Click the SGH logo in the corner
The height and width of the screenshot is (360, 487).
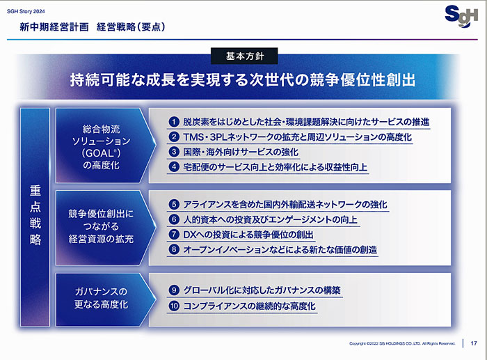click(x=461, y=16)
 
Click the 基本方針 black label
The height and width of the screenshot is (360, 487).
click(x=244, y=56)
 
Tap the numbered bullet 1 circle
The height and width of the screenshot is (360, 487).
click(x=174, y=122)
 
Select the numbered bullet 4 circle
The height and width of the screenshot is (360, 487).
click(x=174, y=167)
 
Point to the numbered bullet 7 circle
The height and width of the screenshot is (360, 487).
click(x=174, y=235)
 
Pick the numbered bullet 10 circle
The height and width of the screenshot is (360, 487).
click(x=174, y=306)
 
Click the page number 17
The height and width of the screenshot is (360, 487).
click(x=473, y=343)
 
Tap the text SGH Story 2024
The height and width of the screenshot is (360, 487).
click(x=26, y=12)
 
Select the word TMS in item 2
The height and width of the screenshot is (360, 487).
click(x=193, y=137)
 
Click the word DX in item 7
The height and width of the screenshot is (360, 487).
click(x=189, y=235)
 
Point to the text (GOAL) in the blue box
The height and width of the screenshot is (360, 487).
click(x=102, y=153)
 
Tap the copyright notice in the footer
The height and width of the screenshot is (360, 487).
click(x=402, y=343)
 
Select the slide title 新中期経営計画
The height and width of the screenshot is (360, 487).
click(x=54, y=27)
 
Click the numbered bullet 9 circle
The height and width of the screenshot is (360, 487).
click(x=174, y=290)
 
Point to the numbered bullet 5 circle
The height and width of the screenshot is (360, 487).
click(x=174, y=204)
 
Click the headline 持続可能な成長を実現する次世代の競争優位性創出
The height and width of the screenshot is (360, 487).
click(x=243, y=80)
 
